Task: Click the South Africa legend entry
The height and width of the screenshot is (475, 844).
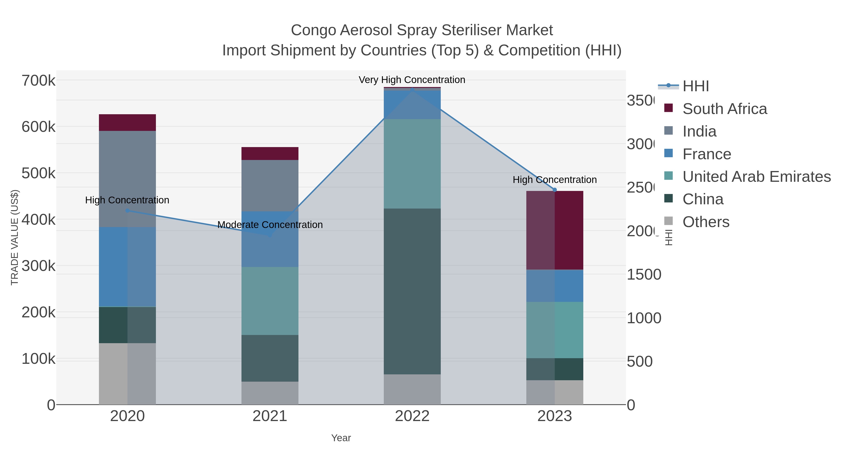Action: coord(724,109)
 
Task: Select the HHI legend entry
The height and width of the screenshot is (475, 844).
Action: coord(696,86)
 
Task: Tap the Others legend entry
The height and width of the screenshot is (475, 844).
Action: coord(706,222)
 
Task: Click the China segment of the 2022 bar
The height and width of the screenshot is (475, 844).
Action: coord(412,291)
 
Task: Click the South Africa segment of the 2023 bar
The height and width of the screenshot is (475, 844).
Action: coord(554,230)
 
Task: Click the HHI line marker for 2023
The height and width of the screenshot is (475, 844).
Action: coord(555,190)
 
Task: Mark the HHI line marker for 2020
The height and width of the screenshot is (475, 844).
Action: coord(128,210)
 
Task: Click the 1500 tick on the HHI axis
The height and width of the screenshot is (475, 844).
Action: coord(644,275)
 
